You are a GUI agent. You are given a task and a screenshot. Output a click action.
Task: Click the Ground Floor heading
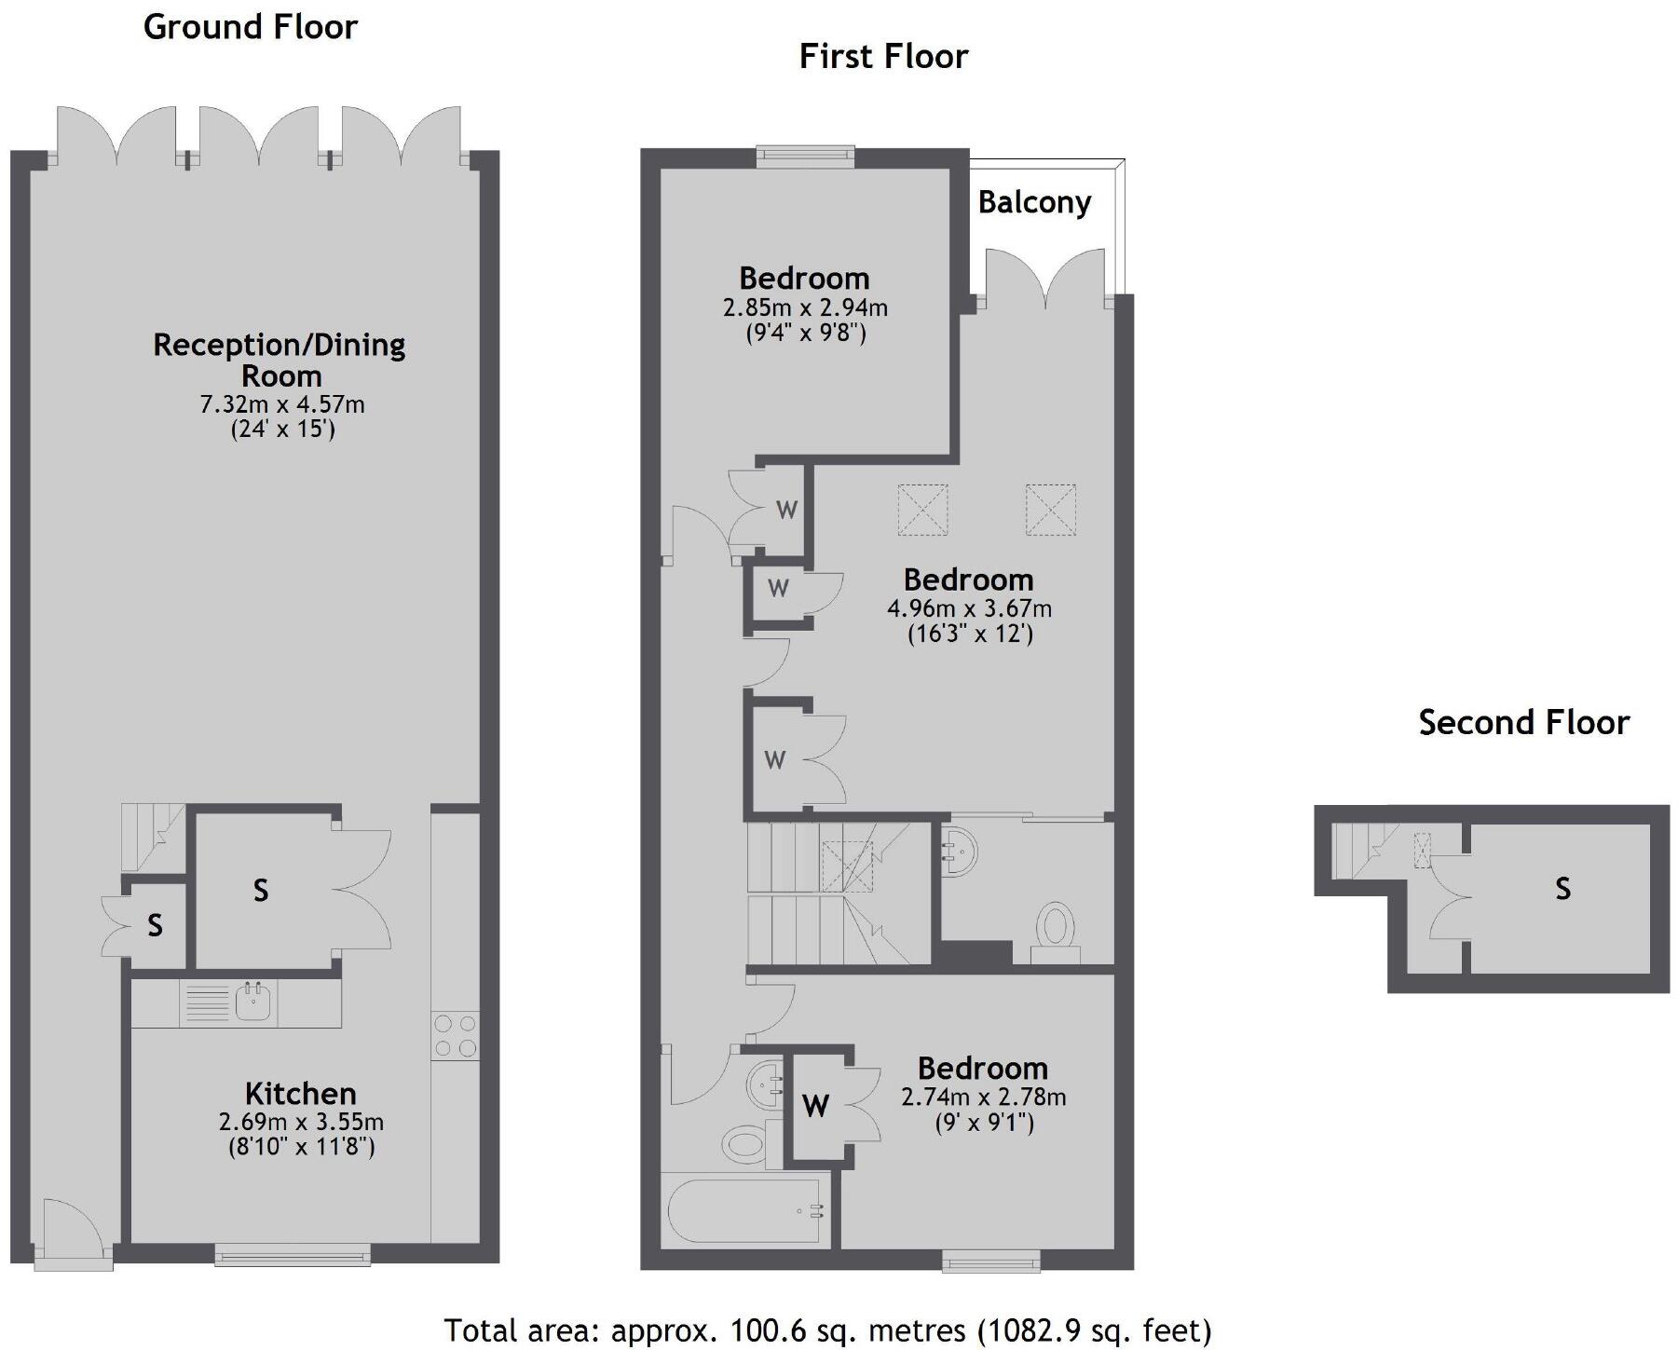pyautogui.click(x=250, y=27)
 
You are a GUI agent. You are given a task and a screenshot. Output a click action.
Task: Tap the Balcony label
pyautogui.click(x=1034, y=202)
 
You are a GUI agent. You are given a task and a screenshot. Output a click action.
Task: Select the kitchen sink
pyautogui.click(x=252, y=1002)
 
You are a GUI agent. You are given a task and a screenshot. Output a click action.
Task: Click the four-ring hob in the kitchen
pyautogui.click(x=456, y=1036)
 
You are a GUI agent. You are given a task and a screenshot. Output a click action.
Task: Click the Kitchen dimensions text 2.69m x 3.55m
pyautogui.click(x=301, y=1122)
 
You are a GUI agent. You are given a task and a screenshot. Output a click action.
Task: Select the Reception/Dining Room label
pyautogui.click(x=280, y=360)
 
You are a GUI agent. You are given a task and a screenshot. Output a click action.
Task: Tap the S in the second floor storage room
pyautogui.click(x=1562, y=889)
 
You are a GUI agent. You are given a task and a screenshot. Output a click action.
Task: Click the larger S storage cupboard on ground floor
pyautogui.click(x=261, y=891)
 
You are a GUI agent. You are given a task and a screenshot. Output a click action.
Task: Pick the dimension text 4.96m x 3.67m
pyautogui.click(x=969, y=609)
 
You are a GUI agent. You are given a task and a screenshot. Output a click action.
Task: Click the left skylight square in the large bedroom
pyautogui.click(x=922, y=510)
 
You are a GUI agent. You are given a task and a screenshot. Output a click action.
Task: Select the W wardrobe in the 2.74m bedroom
pyautogui.click(x=815, y=1106)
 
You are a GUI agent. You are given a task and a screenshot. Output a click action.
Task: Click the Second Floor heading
pyautogui.click(x=1523, y=723)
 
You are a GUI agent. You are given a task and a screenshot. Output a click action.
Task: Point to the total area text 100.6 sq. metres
pyautogui.click(x=826, y=1330)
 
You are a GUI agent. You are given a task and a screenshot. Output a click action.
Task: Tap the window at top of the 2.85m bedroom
pyautogui.click(x=805, y=156)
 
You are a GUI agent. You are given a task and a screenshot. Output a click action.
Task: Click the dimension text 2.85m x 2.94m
pyautogui.click(x=805, y=307)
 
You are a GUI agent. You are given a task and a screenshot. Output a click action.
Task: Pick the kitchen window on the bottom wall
pyautogui.click(x=293, y=1257)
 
